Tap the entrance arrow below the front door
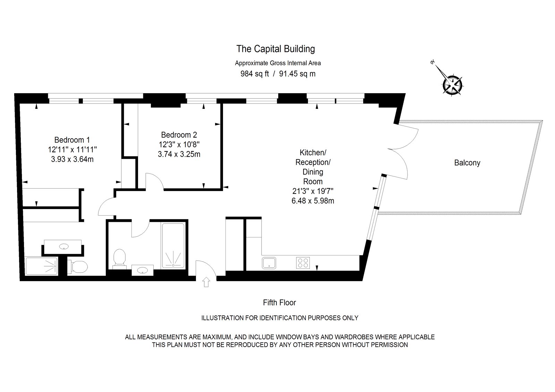click(x=206, y=282)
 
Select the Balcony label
click(x=467, y=163)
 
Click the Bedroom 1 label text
click(x=72, y=140)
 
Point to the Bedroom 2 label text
click(x=179, y=135)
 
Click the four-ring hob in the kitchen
click(x=303, y=263)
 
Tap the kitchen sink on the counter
click(x=269, y=263)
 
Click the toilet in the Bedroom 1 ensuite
click(x=78, y=267)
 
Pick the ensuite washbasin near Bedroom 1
click(x=63, y=247)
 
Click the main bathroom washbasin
click(x=143, y=270)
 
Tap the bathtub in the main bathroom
click(x=173, y=245)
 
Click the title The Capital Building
click(x=275, y=49)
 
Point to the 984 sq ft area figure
click(x=255, y=74)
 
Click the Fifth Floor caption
click(x=279, y=303)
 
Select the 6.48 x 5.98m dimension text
click(x=313, y=200)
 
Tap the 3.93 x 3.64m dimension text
click(x=72, y=159)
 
